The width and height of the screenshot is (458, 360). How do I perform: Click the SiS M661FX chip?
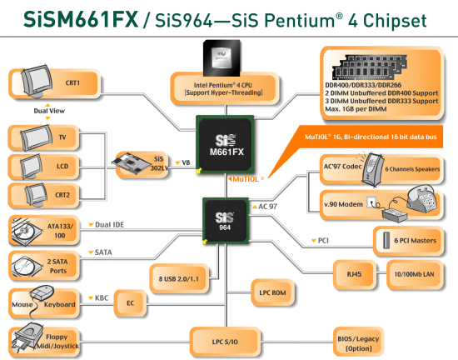(225, 145)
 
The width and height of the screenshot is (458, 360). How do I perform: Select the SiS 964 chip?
(226, 221)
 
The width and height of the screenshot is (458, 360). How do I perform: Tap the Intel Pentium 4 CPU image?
(222, 58)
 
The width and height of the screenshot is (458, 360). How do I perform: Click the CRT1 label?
(72, 82)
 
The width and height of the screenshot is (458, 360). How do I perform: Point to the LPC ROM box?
(272, 292)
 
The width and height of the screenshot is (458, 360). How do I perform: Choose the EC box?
(130, 303)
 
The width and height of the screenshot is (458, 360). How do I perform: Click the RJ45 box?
(354, 274)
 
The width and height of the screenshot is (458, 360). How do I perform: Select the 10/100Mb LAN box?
(414, 274)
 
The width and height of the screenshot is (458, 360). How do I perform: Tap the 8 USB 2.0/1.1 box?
(179, 279)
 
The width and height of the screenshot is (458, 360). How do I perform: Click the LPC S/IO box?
(225, 342)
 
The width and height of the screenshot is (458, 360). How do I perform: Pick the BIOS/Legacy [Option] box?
(358, 343)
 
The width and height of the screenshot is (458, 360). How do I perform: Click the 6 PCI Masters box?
(409, 241)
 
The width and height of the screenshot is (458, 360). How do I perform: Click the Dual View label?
(49, 111)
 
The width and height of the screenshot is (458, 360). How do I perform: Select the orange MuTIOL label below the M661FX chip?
(246, 179)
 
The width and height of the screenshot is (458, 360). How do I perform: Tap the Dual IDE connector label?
(110, 225)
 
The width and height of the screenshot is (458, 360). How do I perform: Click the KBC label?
(102, 298)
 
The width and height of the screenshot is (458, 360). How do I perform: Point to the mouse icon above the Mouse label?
(42, 292)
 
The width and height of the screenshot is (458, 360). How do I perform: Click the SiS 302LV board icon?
(131, 162)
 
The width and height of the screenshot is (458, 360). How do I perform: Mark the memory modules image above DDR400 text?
(370, 67)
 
